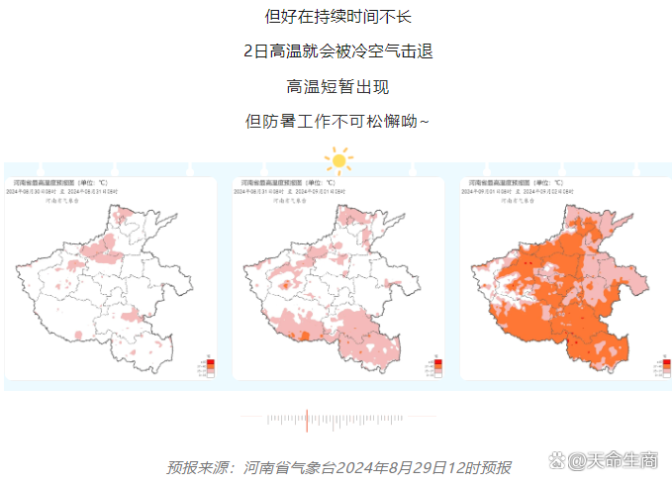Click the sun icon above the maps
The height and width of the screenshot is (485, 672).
coord(338,158)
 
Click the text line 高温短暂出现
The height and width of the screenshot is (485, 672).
coord(337,86)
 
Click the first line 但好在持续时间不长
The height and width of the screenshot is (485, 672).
coord(337,16)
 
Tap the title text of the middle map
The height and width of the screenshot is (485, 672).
coord(285,184)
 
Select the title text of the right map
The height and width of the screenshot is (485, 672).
coord(514,184)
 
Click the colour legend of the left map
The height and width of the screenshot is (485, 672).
coord(208,365)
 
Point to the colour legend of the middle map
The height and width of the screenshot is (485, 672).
coord(436,365)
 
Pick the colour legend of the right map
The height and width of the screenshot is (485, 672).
coord(663,365)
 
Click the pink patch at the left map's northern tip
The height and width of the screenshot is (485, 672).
coord(122,212)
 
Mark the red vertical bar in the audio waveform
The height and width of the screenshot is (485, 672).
coord(307,420)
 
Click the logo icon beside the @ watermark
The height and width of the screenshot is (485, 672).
coord(556,460)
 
